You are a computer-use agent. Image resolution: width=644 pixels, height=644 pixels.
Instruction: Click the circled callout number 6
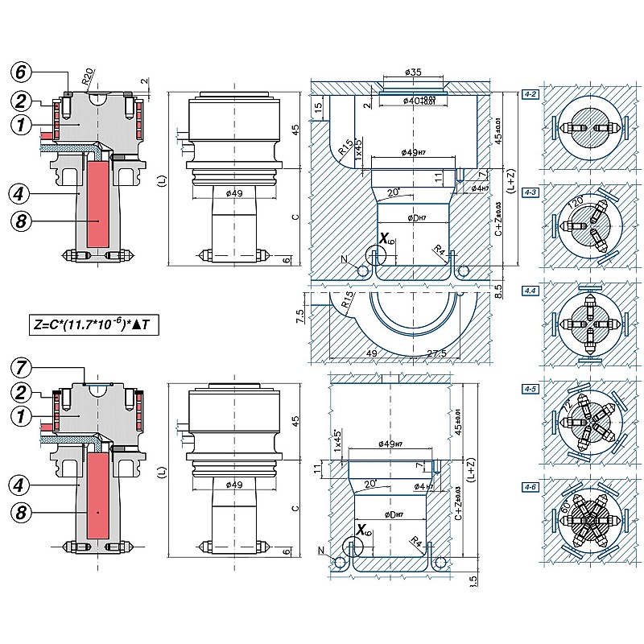(x=22, y=71)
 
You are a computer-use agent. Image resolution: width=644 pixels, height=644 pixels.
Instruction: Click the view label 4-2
(x=530, y=94)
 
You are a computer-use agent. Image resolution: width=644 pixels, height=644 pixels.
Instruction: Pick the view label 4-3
(x=530, y=192)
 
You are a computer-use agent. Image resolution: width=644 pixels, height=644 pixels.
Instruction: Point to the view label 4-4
(x=530, y=290)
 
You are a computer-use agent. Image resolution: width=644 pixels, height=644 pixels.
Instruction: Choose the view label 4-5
(x=530, y=389)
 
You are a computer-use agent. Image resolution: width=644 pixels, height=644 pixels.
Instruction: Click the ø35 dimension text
(x=413, y=72)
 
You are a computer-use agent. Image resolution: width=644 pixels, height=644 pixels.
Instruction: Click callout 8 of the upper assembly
(x=22, y=219)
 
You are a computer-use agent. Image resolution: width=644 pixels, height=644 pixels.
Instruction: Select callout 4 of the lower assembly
(x=22, y=485)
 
